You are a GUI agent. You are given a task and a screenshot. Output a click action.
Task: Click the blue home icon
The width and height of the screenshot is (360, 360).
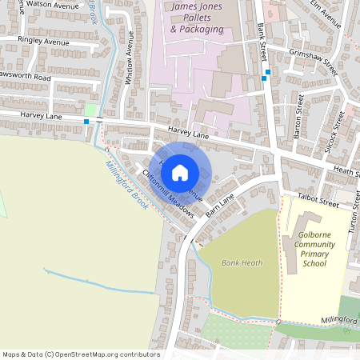(180, 172)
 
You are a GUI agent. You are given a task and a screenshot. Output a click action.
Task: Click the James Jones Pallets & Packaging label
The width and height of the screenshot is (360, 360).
(198, 18)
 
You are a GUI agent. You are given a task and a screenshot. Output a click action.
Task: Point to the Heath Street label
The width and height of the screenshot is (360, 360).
(345, 170)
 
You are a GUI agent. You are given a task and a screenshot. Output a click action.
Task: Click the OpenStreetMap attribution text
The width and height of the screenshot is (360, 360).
(81, 354)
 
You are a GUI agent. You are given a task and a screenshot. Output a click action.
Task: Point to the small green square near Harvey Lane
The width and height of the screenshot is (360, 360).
(90, 109)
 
